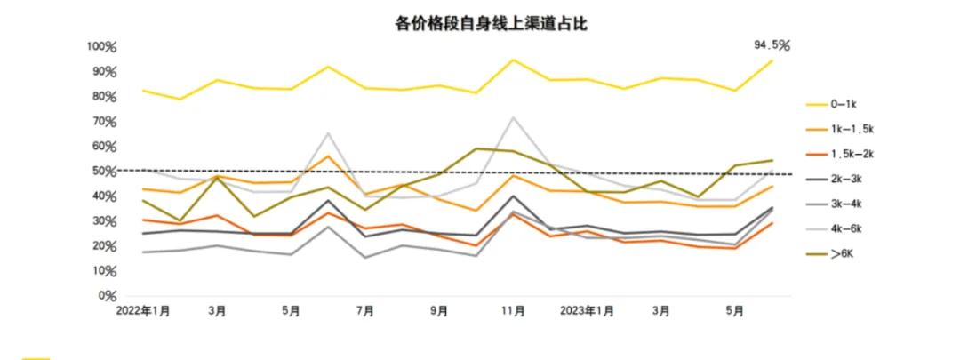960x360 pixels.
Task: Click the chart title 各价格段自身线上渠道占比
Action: pyautogui.click(x=491, y=24)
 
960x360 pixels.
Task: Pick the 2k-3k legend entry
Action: pyautogui.click(x=845, y=179)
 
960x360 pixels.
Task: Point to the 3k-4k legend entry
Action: pyautogui.click(x=845, y=204)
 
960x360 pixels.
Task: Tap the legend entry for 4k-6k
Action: pyautogui.click(x=845, y=228)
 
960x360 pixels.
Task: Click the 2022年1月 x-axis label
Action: pyautogui.click(x=143, y=311)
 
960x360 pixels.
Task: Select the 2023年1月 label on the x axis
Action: pyautogui.click(x=588, y=311)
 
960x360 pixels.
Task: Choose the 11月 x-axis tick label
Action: pyautogui.click(x=513, y=311)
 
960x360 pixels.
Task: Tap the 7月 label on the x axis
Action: pyautogui.click(x=364, y=311)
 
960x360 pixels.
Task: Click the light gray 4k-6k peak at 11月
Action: pyautogui.click(x=513, y=116)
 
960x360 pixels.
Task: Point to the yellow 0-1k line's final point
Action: pyautogui.click(x=772, y=60)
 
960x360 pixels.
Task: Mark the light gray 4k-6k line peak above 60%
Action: pyautogui.click(x=328, y=133)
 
